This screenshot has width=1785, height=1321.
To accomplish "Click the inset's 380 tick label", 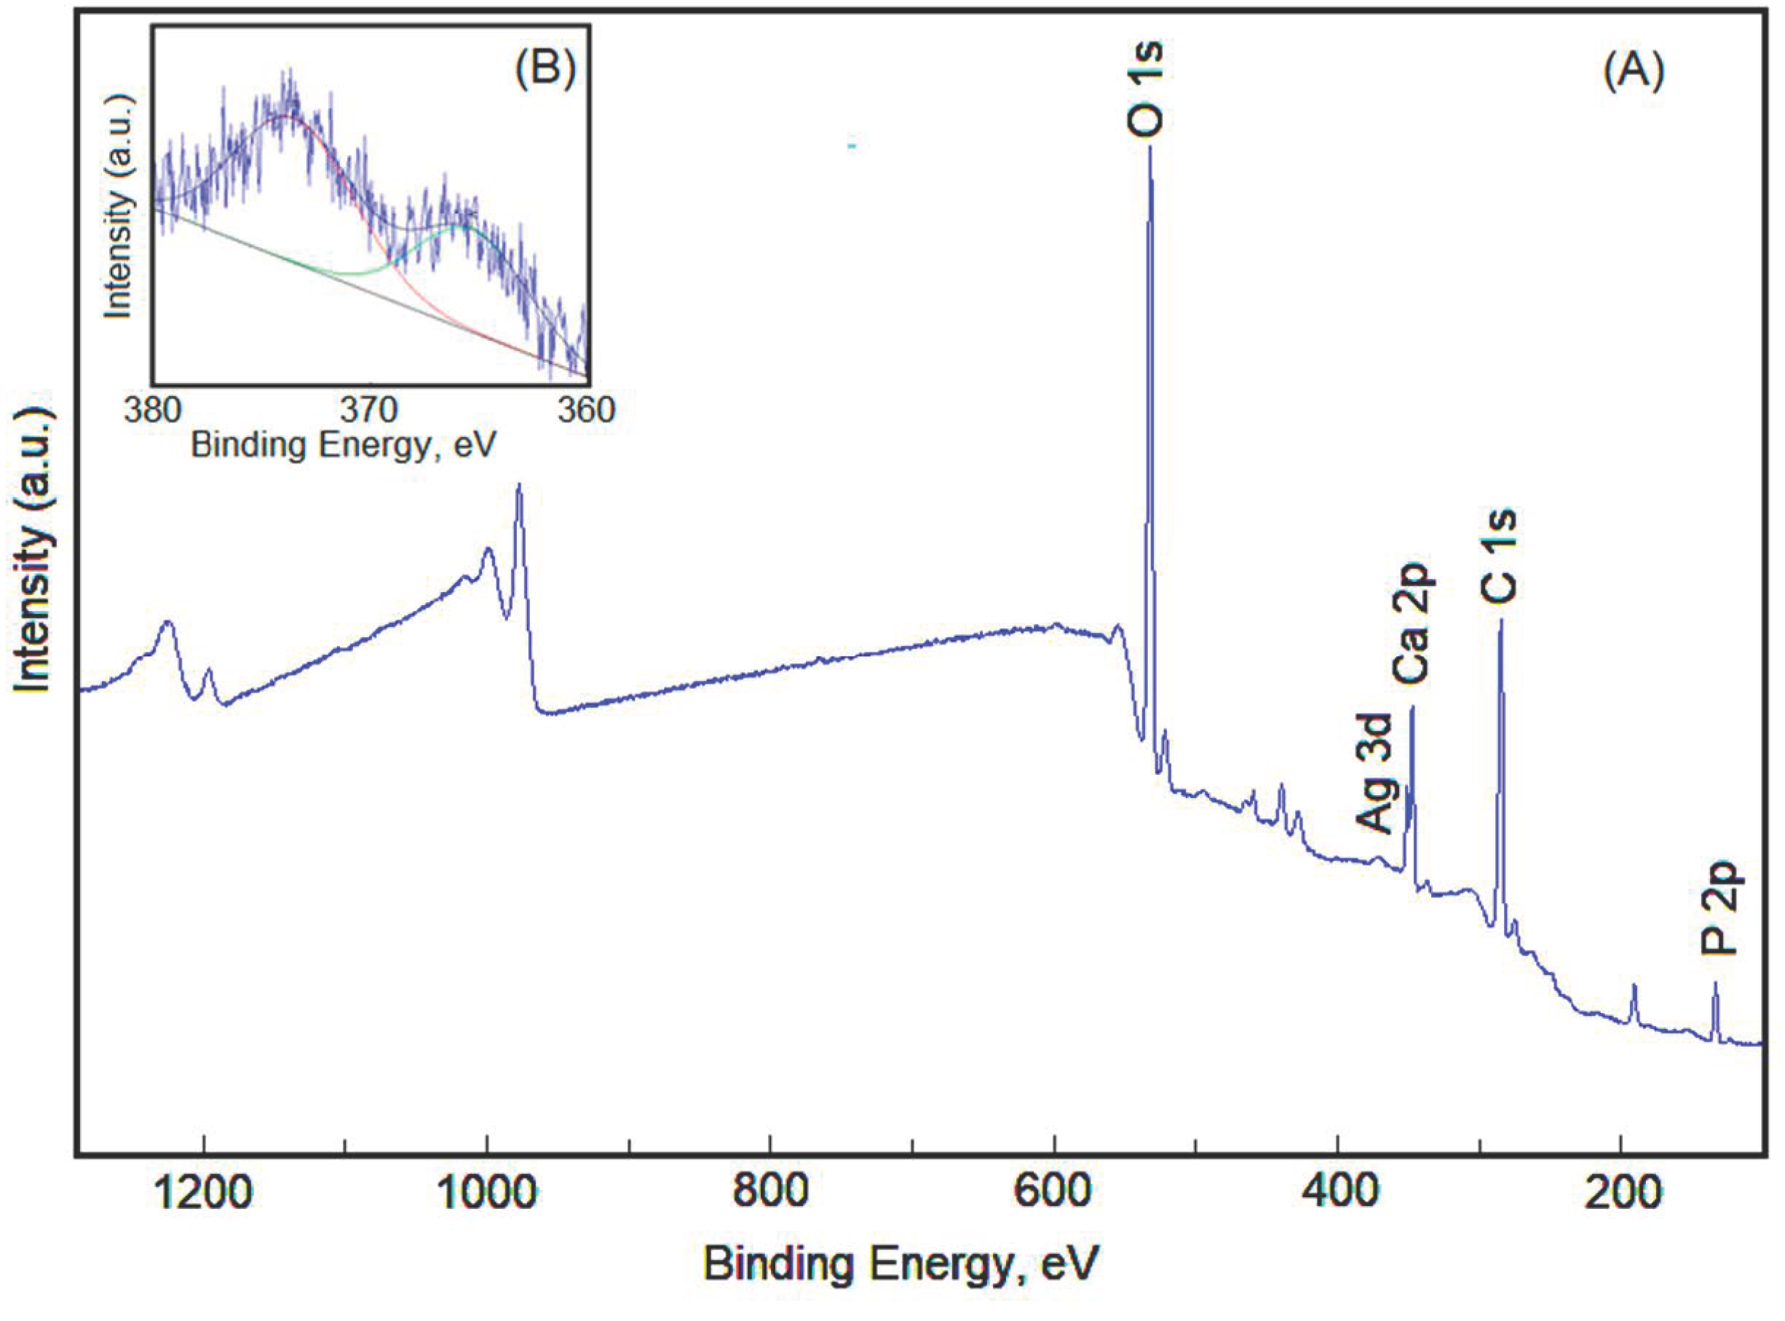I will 153,409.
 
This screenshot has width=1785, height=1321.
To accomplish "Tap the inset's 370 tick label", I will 370,409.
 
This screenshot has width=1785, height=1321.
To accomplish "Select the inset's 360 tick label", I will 587,409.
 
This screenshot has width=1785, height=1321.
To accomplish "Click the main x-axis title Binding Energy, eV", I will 901,1265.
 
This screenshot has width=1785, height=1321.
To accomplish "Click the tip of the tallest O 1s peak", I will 1150,149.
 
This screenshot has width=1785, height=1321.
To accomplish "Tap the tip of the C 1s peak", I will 1500,620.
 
